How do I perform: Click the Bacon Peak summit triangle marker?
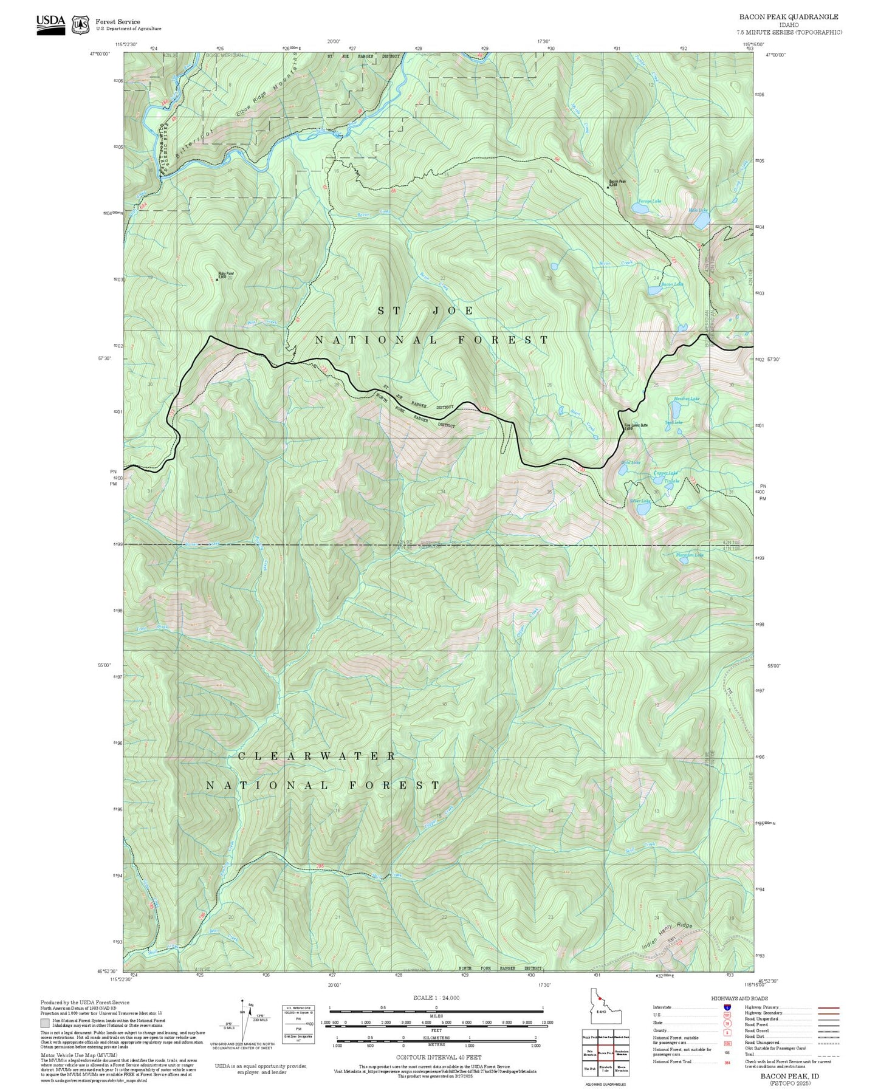608,188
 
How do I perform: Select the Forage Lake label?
649,201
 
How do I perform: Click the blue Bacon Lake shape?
655,291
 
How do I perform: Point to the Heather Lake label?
686,399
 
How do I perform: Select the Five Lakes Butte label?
636,426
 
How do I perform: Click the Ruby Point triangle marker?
218,280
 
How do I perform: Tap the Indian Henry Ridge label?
667,936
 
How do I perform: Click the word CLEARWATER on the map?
317,756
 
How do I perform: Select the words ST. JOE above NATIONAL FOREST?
425,310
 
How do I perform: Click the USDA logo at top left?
50,24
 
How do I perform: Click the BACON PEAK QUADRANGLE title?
788,17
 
